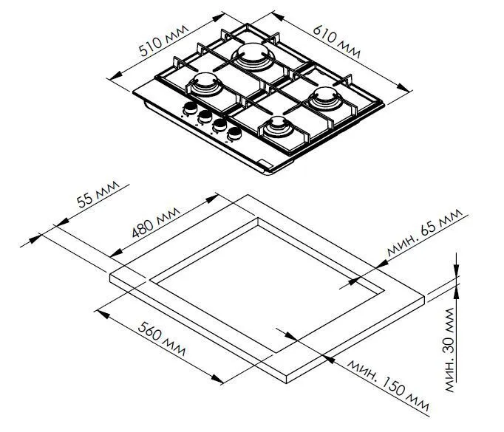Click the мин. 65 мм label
423,234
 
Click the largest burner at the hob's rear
252,55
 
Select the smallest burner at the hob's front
279,126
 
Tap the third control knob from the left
219,126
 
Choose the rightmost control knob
235,134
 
